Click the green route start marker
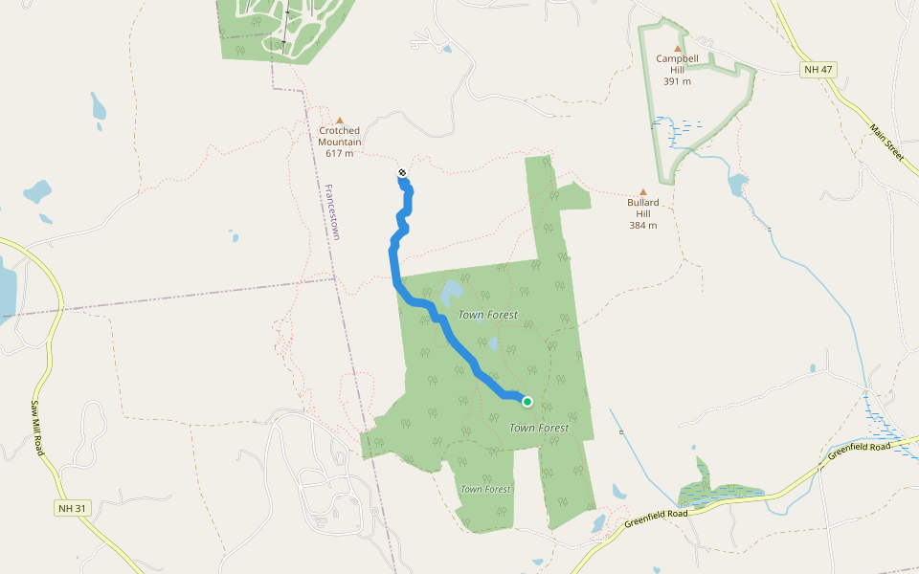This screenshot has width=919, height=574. (x=527, y=401)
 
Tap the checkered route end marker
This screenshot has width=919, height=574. (x=402, y=173)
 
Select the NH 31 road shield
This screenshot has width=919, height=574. (x=71, y=508)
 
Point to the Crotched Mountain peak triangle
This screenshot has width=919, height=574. (x=339, y=121)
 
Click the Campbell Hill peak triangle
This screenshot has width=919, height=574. (x=678, y=48)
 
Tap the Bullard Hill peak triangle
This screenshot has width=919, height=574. (x=642, y=192)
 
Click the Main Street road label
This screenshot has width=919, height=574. (x=886, y=142)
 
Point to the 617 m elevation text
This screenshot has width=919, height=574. (x=339, y=153)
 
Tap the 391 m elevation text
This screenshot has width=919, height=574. (x=677, y=81)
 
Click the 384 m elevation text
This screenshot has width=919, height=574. (x=642, y=226)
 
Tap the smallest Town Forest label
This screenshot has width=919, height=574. (x=485, y=489)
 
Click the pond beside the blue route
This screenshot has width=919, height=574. (x=452, y=290)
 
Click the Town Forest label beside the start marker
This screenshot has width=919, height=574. (x=539, y=428)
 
